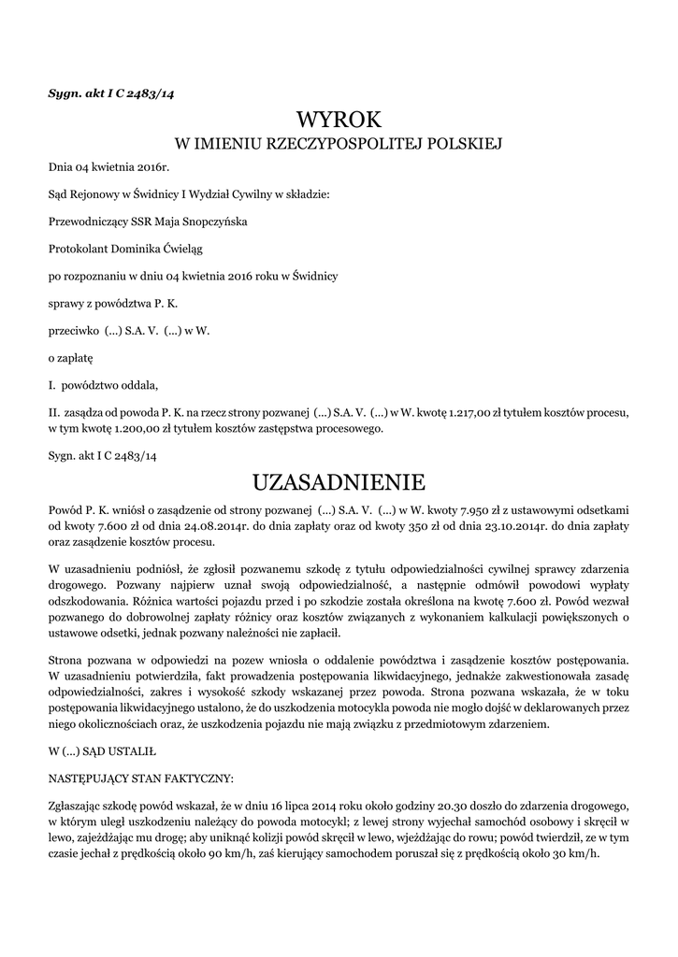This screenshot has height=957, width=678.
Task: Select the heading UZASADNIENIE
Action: [x=339, y=482]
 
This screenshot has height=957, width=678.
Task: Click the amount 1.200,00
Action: [x=137, y=429]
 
